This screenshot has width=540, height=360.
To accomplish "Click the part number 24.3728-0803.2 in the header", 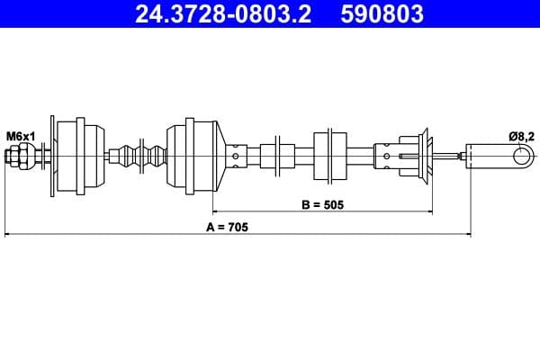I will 223,13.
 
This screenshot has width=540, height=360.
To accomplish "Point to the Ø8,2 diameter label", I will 521,136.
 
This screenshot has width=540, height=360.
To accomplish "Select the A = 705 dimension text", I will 226,227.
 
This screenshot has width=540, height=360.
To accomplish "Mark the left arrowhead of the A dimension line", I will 8,236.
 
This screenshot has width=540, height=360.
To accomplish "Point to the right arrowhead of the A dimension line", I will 467,236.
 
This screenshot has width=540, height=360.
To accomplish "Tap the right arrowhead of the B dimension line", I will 429,214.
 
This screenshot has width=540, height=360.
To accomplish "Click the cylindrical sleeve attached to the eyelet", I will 490,157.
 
